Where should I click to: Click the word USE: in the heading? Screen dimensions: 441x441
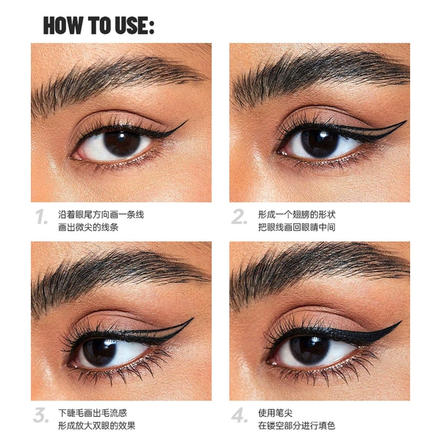pyautogui.click(x=135, y=25)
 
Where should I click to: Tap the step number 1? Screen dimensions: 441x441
pyautogui.click(x=41, y=217)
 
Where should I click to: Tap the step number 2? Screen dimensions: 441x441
pyautogui.click(x=239, y=217)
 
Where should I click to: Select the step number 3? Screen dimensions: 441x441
pyautogui.click(x=40, y=415)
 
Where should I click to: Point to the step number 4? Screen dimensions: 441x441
pyautogui.click(x=240, y=415)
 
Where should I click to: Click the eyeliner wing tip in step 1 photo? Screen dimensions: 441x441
pyautogui.click(x=187, y=121)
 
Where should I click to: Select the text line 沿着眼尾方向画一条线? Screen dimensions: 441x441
pyautogui.click(x=101, y=215)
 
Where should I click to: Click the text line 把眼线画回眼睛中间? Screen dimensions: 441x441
pyautogui.click(x=297, y=227)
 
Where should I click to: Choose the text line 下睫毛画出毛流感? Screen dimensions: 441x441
pyautogui.click(x=93, y=413)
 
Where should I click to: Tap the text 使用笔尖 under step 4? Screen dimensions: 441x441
pyautogui.click(x=276, y=413)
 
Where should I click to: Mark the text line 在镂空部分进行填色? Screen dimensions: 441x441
pyautogui.click(x=297, y=426)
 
